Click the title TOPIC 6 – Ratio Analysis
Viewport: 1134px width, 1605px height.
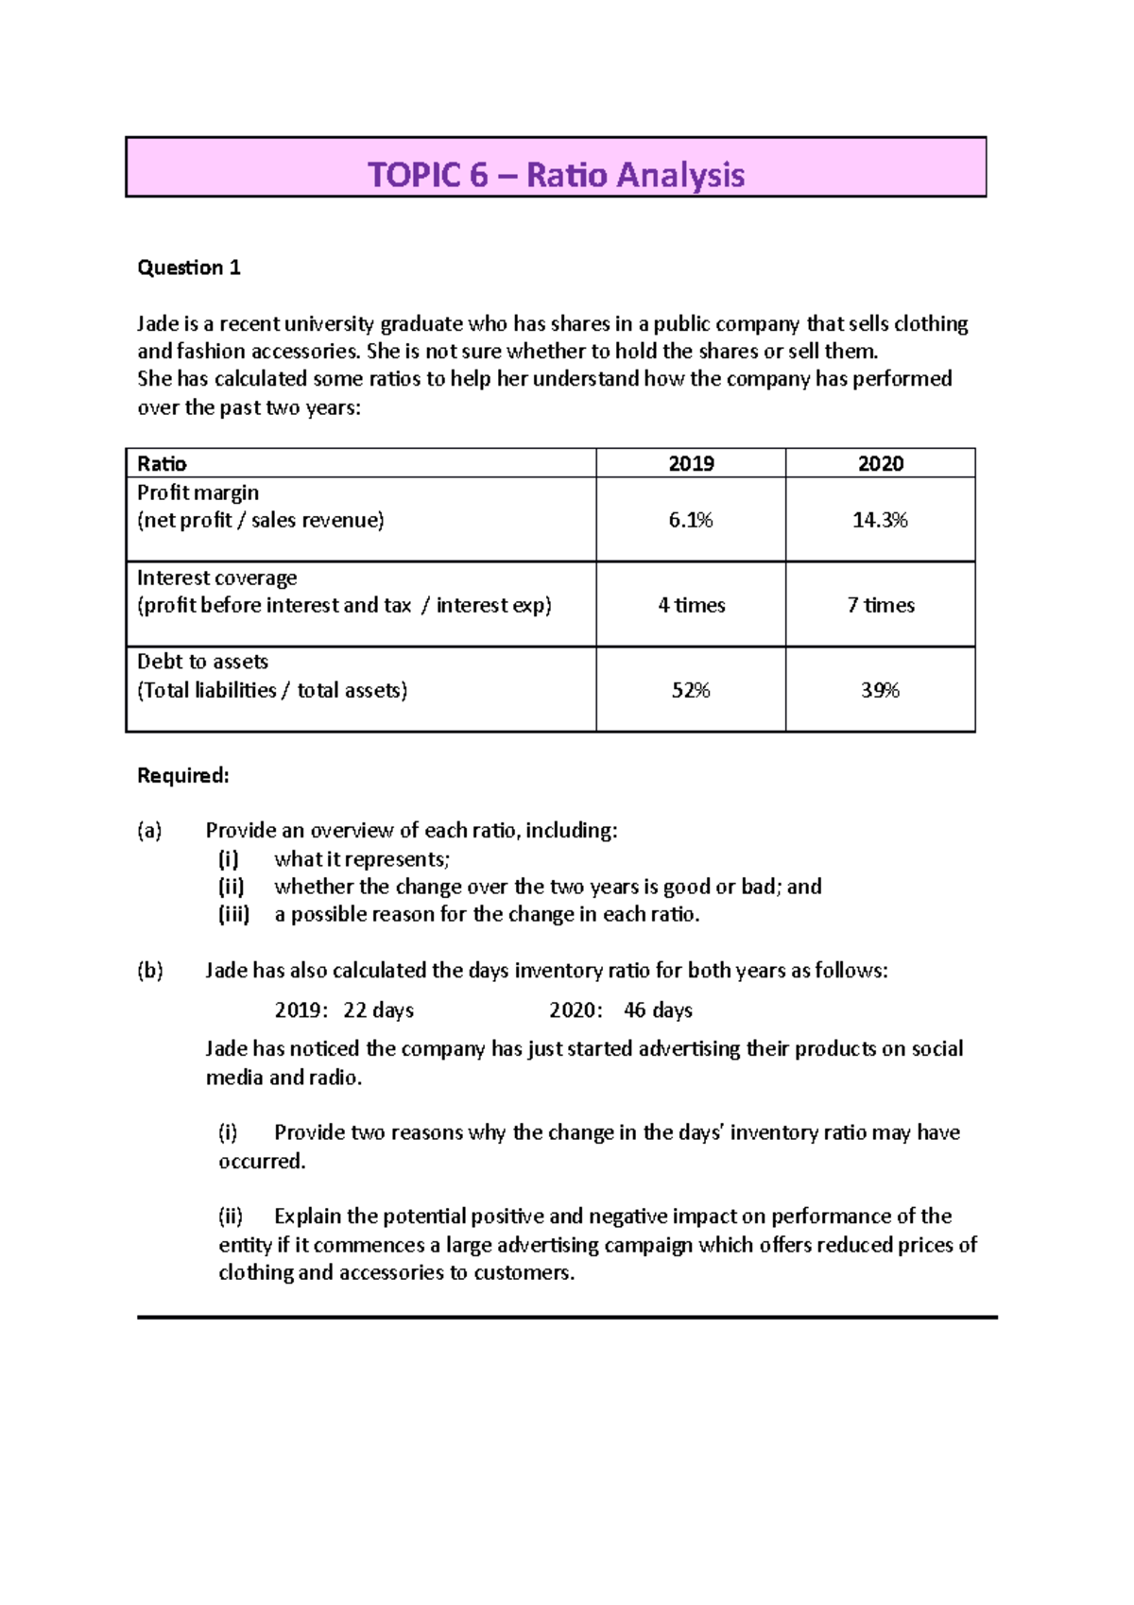[x=556, y=175]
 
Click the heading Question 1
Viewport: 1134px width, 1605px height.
[x=189, y=267]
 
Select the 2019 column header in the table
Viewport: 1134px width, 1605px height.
[x=691, y=463]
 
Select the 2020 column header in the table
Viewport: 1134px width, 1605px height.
[x=880, y=463]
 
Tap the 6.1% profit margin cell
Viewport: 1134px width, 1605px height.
[x=691, y=520]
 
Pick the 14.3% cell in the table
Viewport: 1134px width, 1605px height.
[x=880, y=520]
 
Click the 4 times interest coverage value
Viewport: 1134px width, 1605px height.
[x=691, y=605]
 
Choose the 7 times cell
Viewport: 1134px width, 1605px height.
[x=880, y=605]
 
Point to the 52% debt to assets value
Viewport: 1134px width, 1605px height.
[x=691, y=690]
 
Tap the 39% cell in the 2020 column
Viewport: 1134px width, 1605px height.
[x=880, y=690]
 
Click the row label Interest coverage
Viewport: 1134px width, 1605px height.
[x=216, y=578]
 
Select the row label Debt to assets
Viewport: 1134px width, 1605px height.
[x=202, y=662]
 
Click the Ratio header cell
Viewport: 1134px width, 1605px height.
[x=162, y=463]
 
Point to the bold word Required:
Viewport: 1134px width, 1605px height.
[x=183, y=776]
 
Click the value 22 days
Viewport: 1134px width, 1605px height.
[x=378, y=1010]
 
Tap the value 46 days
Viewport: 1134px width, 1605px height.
[x=658, y=1010]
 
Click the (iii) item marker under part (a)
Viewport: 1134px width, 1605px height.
[x=234, y=914]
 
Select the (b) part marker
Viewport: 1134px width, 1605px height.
[x=150, y=971]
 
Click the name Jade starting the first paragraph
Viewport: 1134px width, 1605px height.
[x=158, y=324]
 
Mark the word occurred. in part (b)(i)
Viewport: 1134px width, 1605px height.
[x=262, y=1161]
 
